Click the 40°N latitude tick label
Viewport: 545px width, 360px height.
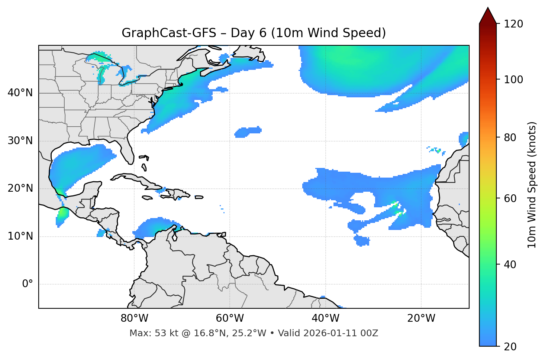click(x=20, y=93)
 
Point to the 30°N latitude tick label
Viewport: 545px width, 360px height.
click(x=20, y=141)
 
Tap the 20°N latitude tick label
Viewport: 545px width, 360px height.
click(x=20, y=188)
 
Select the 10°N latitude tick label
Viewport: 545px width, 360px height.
click(x=20, y=236)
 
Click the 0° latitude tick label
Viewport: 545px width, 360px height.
click(x=28, y=284)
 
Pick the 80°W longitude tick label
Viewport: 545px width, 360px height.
click(x=134, y=318)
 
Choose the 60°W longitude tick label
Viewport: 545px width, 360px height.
click(x=230, y=318)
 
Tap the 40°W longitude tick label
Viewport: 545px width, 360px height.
click(x=325, y=318)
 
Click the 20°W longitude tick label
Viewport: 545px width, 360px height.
click(x=421, y=318)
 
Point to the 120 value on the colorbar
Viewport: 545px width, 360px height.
click(x=513, y=24)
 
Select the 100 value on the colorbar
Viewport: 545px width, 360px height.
click(x=513, y=80)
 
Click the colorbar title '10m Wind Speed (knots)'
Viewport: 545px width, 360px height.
click(x=532, y=185)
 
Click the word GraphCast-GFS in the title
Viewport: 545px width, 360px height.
click(x=169, y=33)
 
